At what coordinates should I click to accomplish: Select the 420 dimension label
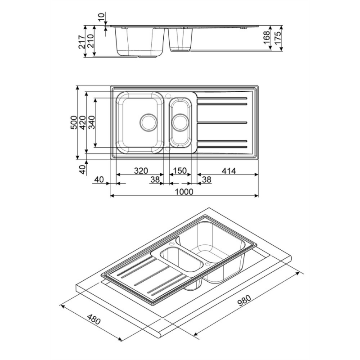tap(82, 122)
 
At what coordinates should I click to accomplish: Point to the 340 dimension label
tap(91, 122)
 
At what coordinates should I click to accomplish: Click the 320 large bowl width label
tap(141, 171)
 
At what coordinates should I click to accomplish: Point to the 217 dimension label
tap(82, 42)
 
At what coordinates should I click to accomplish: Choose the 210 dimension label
tap(90, 42)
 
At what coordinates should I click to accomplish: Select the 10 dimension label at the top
tap(101, 17)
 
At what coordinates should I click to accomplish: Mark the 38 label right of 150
tap(207, 180)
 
